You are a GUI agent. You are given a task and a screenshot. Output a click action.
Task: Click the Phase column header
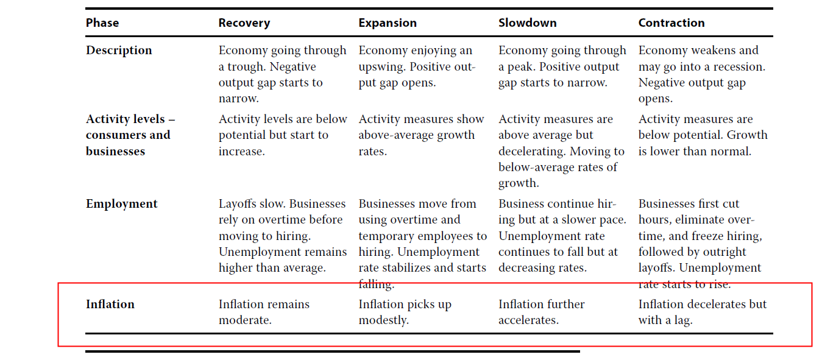102,23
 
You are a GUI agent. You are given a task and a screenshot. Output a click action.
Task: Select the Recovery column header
244,23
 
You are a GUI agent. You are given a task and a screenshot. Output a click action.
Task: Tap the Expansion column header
388,23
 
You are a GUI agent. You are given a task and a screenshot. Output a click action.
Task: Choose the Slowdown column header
527,23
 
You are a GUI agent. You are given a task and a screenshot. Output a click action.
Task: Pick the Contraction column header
671,23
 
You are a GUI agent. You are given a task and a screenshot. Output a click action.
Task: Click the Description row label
119,51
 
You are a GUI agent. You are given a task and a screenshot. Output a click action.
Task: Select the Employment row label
122,204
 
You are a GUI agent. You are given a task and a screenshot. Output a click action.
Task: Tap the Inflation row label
110,304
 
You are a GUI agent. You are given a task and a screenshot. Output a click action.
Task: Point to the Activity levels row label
130,135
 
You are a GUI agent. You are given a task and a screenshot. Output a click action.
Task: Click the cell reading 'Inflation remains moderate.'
264,312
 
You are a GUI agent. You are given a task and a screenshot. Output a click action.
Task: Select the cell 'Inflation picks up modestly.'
405,312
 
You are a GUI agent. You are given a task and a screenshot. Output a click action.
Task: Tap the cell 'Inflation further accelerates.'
542,312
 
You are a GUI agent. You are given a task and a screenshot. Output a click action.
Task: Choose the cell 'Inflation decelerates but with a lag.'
703,312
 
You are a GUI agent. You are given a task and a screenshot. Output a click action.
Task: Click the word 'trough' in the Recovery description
245,67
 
